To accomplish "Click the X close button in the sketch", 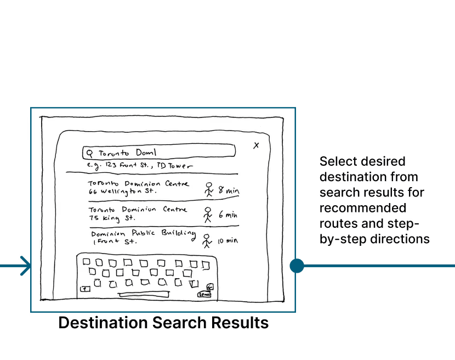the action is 256,145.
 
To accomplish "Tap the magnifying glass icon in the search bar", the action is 90,152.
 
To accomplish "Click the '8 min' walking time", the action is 229,190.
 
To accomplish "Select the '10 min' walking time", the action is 228,240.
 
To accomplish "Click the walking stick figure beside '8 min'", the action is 208,189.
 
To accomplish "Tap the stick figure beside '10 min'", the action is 206,240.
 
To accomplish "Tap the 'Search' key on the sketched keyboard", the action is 204,295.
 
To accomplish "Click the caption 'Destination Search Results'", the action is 163,323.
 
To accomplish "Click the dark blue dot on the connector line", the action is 297,266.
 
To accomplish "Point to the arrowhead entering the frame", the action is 25,266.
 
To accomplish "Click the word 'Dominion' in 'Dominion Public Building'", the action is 108,234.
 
